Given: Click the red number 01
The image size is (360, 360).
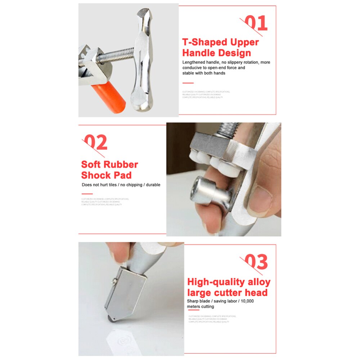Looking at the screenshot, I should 256,23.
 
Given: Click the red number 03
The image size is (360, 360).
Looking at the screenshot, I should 256,262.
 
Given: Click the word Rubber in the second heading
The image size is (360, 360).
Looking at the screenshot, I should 121,165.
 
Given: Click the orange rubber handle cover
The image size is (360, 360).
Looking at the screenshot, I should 108,97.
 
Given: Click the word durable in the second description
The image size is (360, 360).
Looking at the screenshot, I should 152,185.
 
